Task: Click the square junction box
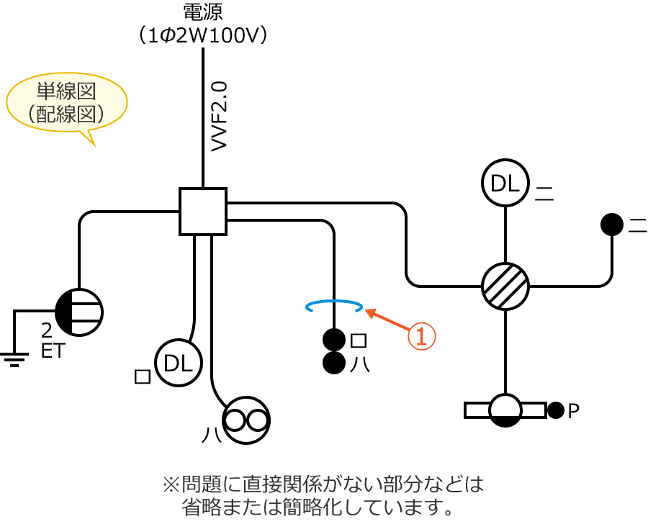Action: [x=203, y=212]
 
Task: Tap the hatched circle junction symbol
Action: [x=505, y=286]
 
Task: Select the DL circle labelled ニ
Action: [x=505, y=183]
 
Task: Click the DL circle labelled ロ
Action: [x=178, y=363]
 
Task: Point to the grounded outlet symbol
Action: [x=79, y=312]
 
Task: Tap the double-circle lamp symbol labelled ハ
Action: [x=246, y=418]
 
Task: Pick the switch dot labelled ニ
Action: [x=612, y=225]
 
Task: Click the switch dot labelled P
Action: [x=555, y=410]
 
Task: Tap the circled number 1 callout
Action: [x=423, y=336]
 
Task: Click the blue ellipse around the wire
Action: [x=334, y=307]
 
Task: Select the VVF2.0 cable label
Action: [x=220, y=115]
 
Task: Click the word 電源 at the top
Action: [x=203, y=12]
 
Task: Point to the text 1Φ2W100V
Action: [x=203, y=36]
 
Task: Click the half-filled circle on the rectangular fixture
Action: [x=505, y=410]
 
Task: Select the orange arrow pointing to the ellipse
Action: [x=389, y=321]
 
